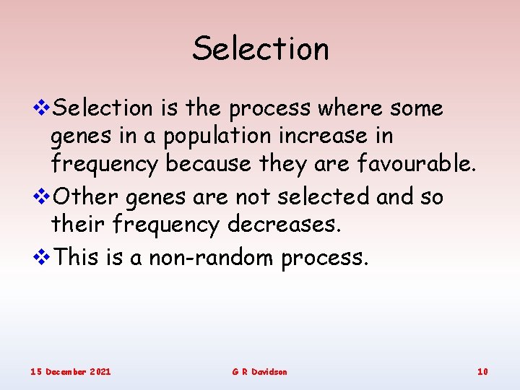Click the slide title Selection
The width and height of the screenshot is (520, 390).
click(260, 49)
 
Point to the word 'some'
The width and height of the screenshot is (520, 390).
click(417, 108)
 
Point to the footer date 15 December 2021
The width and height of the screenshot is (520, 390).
click(71, 371)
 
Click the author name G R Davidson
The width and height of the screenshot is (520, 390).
click(259, 371)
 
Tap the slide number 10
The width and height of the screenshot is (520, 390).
click(482, 371)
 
